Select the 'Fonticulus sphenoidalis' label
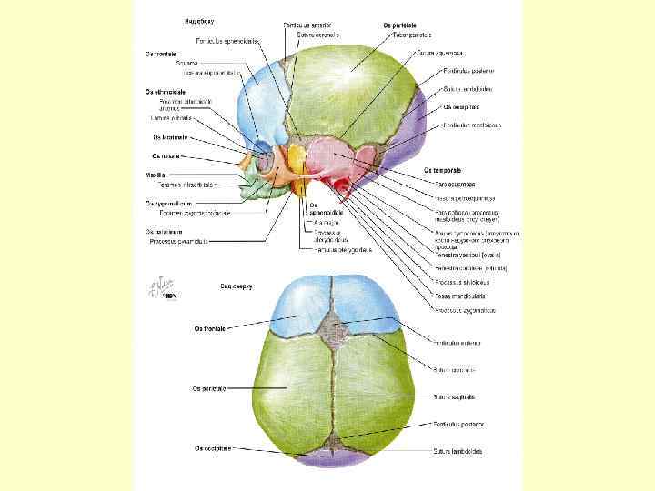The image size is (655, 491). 227,40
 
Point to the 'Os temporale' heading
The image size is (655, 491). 442,170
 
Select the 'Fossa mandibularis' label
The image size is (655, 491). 458,296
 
